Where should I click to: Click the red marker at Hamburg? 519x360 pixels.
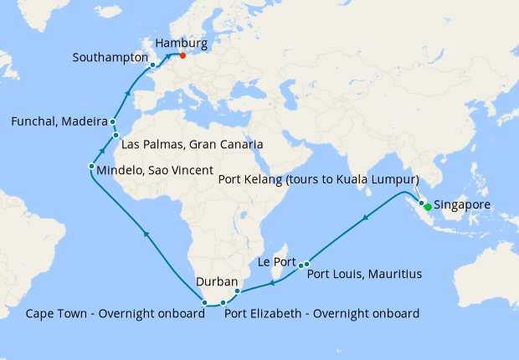click(x=182, y=56)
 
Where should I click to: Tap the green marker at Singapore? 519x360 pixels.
click(x=428, y=207)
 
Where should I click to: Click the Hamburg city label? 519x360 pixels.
click(x=181, y=40)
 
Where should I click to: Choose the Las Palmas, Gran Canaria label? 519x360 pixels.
click(x=193, y=144)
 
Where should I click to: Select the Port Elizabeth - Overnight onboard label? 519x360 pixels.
click(x=321, y=314)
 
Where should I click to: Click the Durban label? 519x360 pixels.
click(x=217, y=282)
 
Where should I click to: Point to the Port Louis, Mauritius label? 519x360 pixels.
click(x=364, y=274)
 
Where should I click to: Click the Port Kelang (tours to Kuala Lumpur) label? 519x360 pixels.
click(x=317, y=179)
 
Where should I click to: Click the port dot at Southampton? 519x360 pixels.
click(x=152, y=64)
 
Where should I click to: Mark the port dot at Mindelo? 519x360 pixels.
click(x=91, y=167)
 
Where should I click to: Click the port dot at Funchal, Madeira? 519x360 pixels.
click(x=112, y=122)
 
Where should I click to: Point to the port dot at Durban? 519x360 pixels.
click(x=238, y=291)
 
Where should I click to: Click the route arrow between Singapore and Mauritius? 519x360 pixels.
click(x=365, y=219)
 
